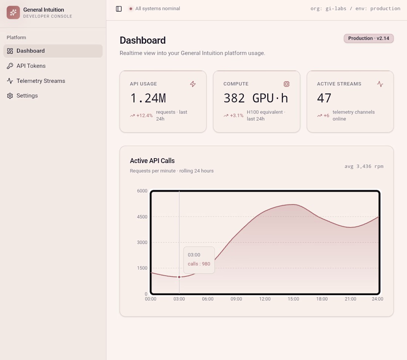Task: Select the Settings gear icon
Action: click(x=10, y=96)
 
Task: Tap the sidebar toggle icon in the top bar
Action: click(x=119, y=9)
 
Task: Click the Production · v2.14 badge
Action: click(x=369, y=38)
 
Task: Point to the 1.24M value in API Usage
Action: click(x=148, y=98)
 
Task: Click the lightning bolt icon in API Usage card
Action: click(x=193, y=84)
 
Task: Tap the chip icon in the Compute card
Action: click(x=286, y=84)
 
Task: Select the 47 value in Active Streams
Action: click(x=324, y=98)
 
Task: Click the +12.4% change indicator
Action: click(x=141, y=115)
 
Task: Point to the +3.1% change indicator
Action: click(x=233, y=115)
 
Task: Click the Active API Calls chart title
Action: click(x=152, y=161)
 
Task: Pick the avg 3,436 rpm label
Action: click(x=364, y=166)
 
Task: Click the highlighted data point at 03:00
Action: click(x=179, y=277)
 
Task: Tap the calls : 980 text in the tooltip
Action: click(x=199, y=264)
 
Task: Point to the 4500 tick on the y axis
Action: click(x=142, y=217)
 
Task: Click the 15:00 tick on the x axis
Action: click(x=293, y=299)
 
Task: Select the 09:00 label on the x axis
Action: click(x=236, y=299)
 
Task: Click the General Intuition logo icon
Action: click(x=13, y=13)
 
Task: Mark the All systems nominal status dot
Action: click(x=131, y=9)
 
